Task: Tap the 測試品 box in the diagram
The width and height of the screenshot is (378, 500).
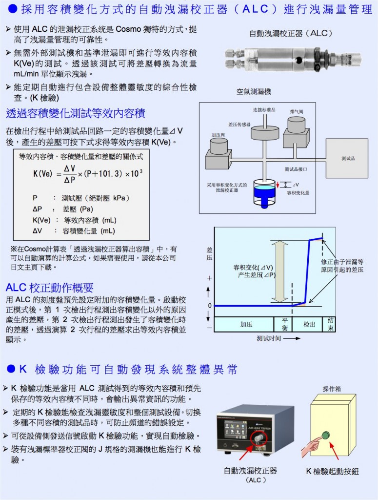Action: tap(348, 159)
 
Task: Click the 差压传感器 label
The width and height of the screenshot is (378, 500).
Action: tap(239, 125)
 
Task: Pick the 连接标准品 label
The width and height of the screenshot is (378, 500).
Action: tap(264, 109)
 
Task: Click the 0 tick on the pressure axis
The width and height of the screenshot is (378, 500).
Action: tap(210, 306)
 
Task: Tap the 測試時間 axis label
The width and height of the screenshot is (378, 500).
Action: tap(273, 338)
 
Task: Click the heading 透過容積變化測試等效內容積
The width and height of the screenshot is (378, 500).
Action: tap(76, 114)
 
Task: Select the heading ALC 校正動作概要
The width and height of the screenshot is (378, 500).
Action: tap(49, 287)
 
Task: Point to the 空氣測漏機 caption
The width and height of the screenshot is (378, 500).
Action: tap(254, 91)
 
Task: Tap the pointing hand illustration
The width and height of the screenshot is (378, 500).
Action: tap(311, 445)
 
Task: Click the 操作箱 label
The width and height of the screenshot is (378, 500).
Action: tap(332, 389)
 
